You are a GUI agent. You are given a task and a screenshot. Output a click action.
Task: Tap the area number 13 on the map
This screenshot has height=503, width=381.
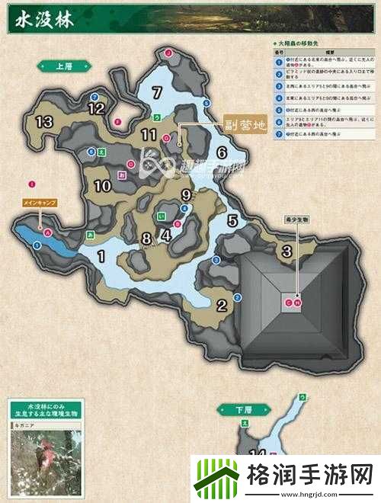[x=43, y=121]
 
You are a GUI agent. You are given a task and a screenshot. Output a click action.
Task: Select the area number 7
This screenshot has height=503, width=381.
[x=158, y=94]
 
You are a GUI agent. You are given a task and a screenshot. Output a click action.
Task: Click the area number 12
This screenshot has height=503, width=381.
[x=96, y=109]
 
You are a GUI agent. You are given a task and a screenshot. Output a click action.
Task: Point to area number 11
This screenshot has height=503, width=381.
[x=149, y=135]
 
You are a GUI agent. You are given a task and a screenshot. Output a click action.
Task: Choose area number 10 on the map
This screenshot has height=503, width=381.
[x=104, y=185]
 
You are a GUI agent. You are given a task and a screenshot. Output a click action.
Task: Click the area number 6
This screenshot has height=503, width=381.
[x=222, y=152]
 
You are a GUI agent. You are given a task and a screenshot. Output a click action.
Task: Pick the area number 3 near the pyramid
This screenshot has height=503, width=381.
[x=287, y=251]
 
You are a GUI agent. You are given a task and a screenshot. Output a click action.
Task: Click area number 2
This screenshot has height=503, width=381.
[x=222, y=306]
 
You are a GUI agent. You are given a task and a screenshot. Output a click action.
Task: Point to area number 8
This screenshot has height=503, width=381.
[x=147, y=239]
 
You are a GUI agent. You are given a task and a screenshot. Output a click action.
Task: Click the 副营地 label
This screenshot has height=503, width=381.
[x=242, y=127]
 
